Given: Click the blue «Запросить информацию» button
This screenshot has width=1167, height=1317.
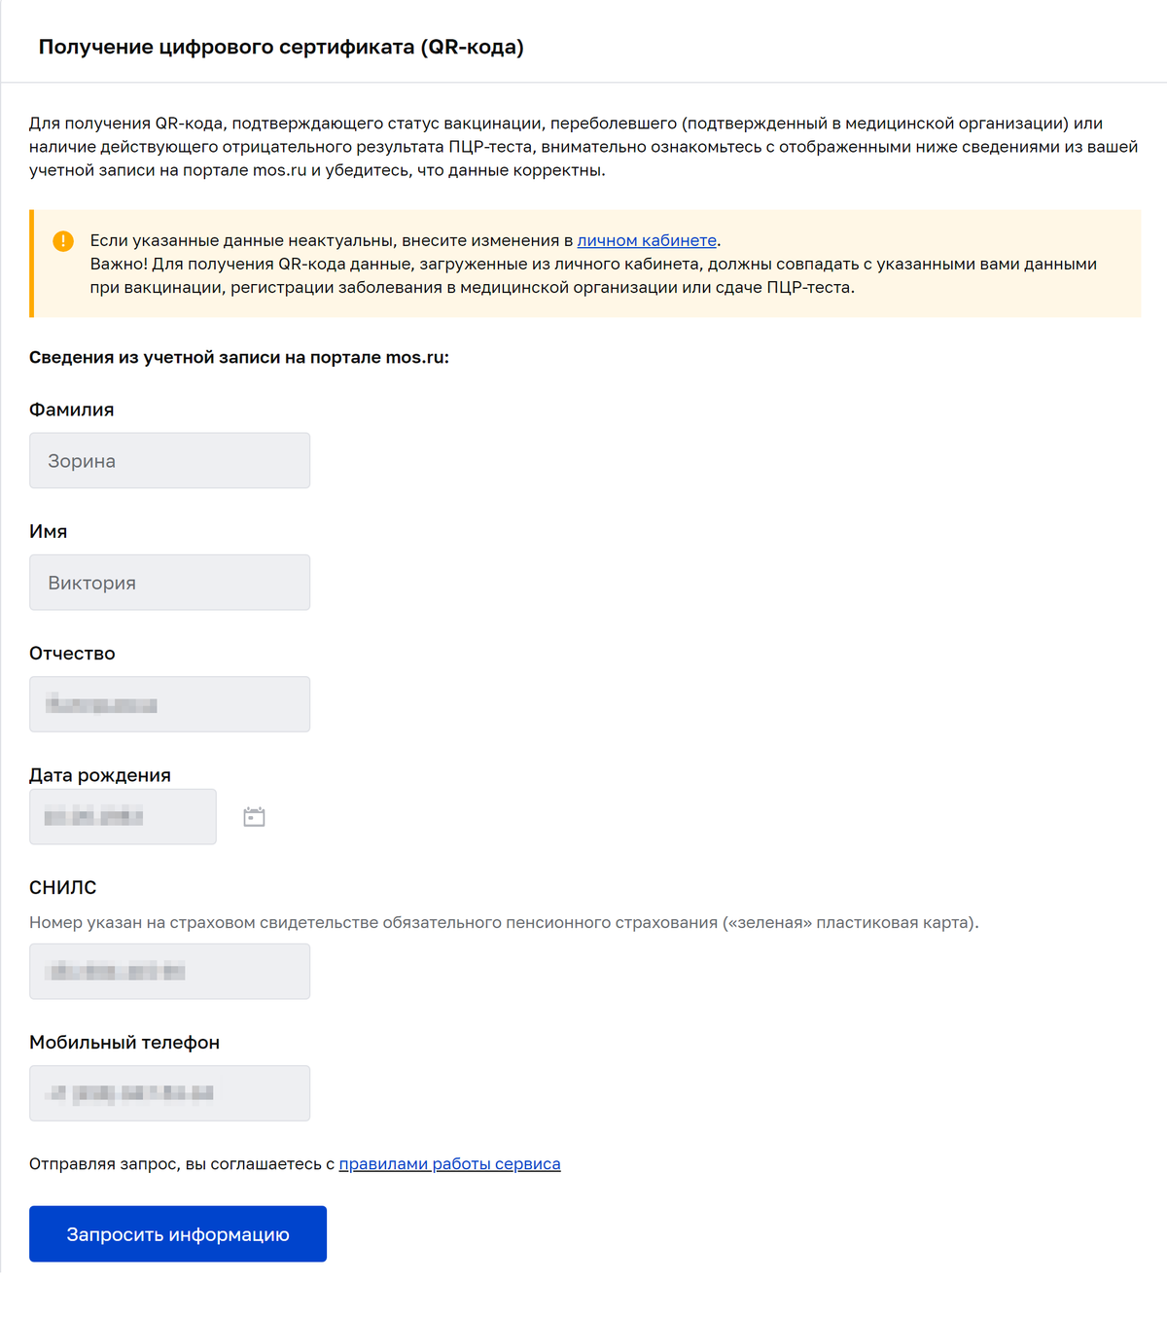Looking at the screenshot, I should click(178, 1233).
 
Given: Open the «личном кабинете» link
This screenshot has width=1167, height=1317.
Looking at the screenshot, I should click(647, 240).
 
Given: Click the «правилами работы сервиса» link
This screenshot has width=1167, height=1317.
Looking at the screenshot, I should click(449, 1163).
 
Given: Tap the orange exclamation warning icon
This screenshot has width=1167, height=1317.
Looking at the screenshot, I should click(63, 240).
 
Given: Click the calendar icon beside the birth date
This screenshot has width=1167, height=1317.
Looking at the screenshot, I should click(254, 817).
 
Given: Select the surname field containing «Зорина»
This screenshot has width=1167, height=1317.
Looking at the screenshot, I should click(169, 460).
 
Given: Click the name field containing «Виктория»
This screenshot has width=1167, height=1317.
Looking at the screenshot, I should click(169, 582).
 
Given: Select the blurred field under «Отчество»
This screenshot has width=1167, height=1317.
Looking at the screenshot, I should click(169, 704).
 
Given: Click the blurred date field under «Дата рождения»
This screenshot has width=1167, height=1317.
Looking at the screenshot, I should click(123, 816).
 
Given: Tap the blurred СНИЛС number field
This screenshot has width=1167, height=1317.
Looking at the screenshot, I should click(169, 971).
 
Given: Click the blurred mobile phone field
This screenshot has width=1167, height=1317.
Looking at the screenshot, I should click(169, 1092).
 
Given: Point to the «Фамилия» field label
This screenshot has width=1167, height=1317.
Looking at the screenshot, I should click(71, 409).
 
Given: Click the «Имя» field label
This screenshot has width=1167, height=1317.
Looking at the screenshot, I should click(48, 531).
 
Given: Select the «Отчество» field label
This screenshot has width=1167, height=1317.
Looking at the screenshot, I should click(72, 653).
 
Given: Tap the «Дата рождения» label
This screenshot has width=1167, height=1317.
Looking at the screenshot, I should click(99, 775).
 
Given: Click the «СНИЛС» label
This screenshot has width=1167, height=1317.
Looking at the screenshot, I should click(62, 887).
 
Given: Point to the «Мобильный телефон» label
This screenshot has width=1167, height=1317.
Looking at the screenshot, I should click(124, 1042).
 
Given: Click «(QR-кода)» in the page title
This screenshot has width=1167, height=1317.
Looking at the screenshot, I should click(472, 47).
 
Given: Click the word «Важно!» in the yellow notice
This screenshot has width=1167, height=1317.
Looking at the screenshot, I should click(119, 264).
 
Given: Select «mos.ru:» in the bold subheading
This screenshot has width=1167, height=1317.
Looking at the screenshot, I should click(417, 357).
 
